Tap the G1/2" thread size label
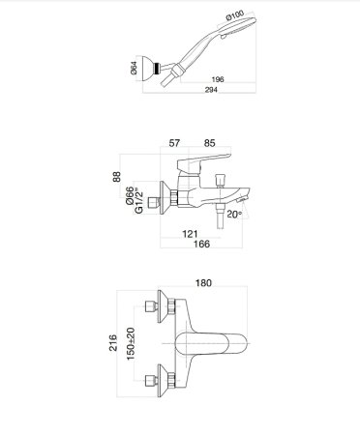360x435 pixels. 144,200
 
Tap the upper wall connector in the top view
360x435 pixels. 156,307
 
